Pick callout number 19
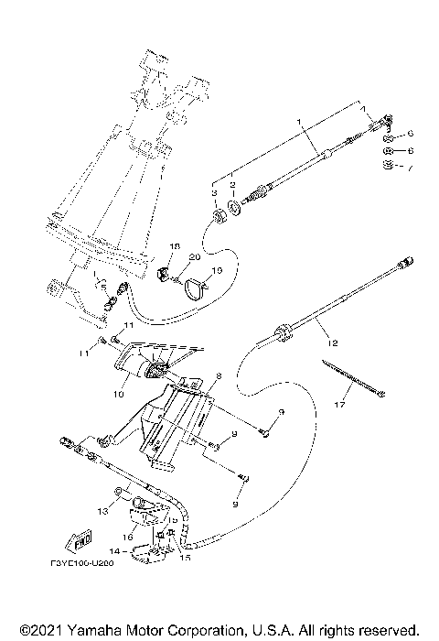[216, 271]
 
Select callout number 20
[193, 259]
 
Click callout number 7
[411, 169]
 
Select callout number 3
[214, 194]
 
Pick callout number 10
[118, 395]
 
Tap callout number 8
[219, 375]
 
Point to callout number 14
[114, 552]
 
